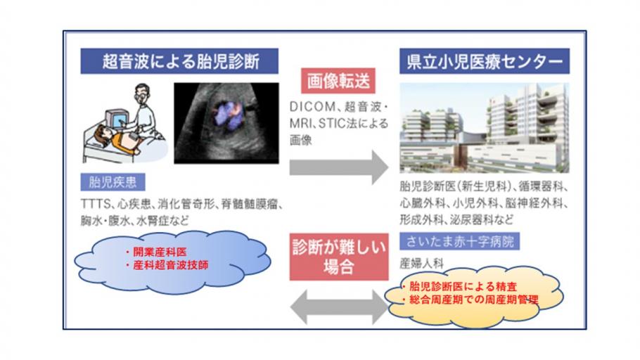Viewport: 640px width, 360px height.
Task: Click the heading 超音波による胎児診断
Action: pos(179,61)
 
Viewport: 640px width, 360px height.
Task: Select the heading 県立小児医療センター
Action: pos(485,61)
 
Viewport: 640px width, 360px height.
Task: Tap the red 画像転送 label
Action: pos(338,81)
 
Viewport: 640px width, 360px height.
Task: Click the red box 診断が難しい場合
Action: pos(339,257)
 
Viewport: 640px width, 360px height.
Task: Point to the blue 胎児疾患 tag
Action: pos(113,182)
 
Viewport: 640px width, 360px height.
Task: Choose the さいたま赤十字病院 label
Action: pos(459,241)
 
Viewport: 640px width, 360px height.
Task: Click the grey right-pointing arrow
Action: pos(339,167)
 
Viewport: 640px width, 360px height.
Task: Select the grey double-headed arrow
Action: pos(340,307)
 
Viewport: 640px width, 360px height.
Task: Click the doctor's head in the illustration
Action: pos(141,93)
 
